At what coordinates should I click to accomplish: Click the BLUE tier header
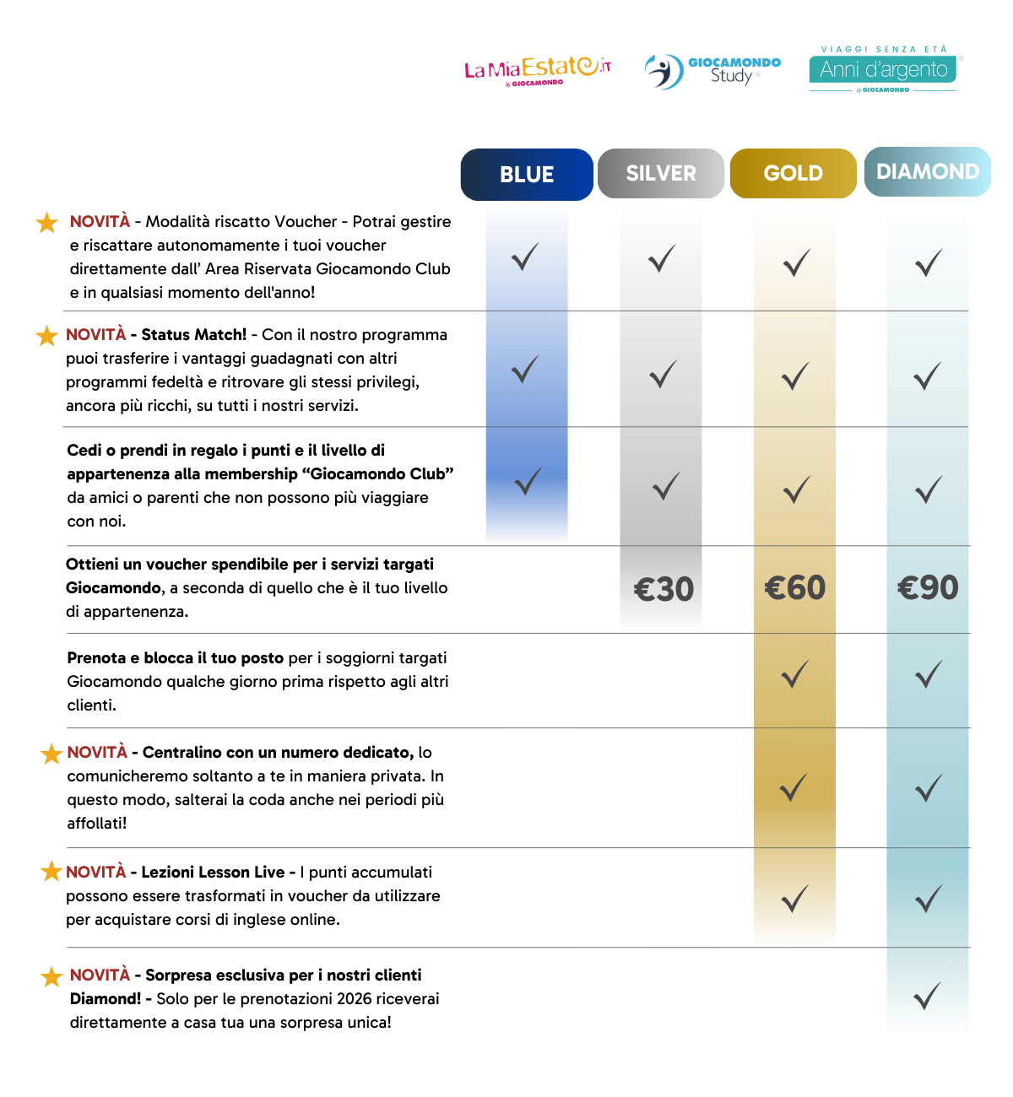(x=527, y=175)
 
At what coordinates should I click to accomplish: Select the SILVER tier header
(x=661, y=174)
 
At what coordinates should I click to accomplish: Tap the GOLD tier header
(x=794, y=174)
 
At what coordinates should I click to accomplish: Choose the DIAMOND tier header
(x=928, y=172)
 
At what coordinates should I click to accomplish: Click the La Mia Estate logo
(x=538, y=70)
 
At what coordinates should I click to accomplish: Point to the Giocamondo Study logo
(x=713, y=71)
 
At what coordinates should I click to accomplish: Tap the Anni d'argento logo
(x=883, y=69)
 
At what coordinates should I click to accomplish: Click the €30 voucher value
(x=664, y=589)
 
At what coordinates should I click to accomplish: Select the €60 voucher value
(x=795, y=587)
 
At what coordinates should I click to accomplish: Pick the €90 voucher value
(x=928, y=587)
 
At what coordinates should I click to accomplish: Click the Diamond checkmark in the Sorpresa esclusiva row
(x=928, y=997)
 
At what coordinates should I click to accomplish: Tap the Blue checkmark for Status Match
(x=525, y=369)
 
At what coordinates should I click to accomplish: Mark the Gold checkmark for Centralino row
(x=794, y=787)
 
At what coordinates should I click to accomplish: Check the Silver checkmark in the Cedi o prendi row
(x=666, y=486)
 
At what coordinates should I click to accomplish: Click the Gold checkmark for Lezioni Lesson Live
(x=795, y=899)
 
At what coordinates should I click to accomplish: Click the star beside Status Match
(x=46, y=336)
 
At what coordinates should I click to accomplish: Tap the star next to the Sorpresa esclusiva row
(x=51, y=976)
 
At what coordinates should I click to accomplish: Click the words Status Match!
(x=194, y=335)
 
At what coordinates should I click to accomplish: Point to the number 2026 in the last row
(x=355, y=999)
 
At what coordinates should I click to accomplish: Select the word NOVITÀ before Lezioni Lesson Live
(x=96, y=873)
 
